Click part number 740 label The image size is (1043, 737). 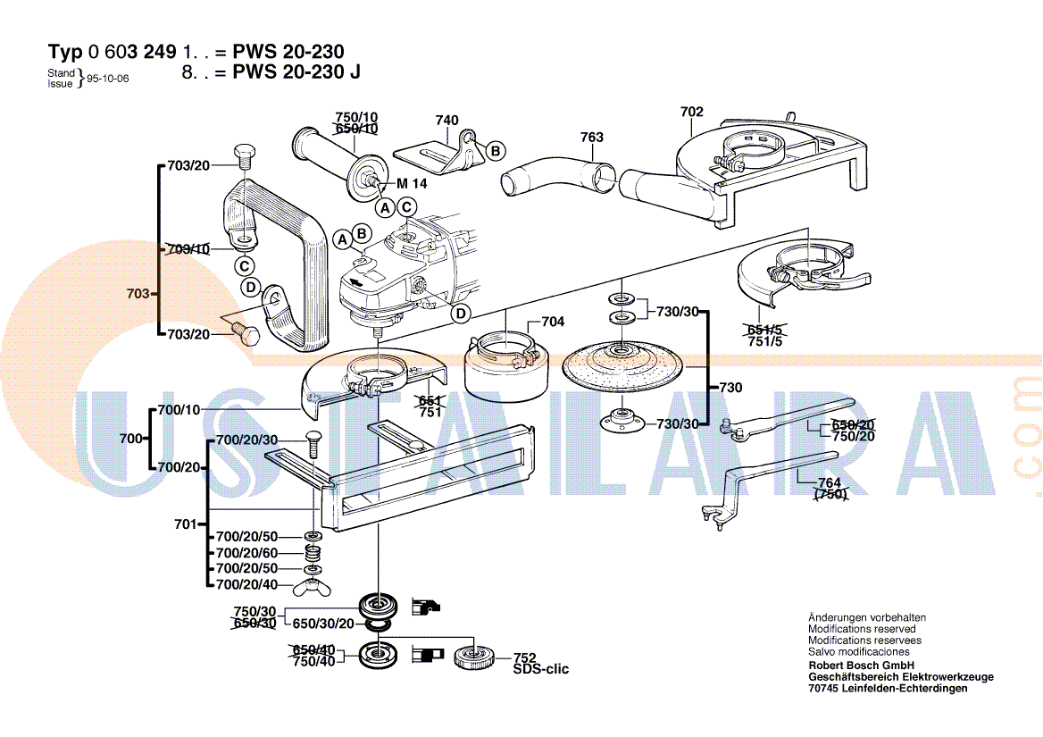click(446, 121)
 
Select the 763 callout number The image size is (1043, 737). click(591, 138)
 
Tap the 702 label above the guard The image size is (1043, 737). click(691, 112)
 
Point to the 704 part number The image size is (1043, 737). click(553, 322)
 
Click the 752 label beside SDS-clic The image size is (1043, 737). click(524, 657)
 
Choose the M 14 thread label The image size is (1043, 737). click(413, 184)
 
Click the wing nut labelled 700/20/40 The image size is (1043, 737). click(313, 586)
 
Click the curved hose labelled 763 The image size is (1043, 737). click(554, 174)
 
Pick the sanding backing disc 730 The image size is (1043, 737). click(622, 363)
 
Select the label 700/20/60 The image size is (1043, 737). click(246, 553)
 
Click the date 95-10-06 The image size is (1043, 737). click(108, 79)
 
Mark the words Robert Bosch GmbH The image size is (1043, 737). click(861, 666)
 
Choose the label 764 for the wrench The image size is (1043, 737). click(830, 482)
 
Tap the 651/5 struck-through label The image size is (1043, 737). click(763, 329)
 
